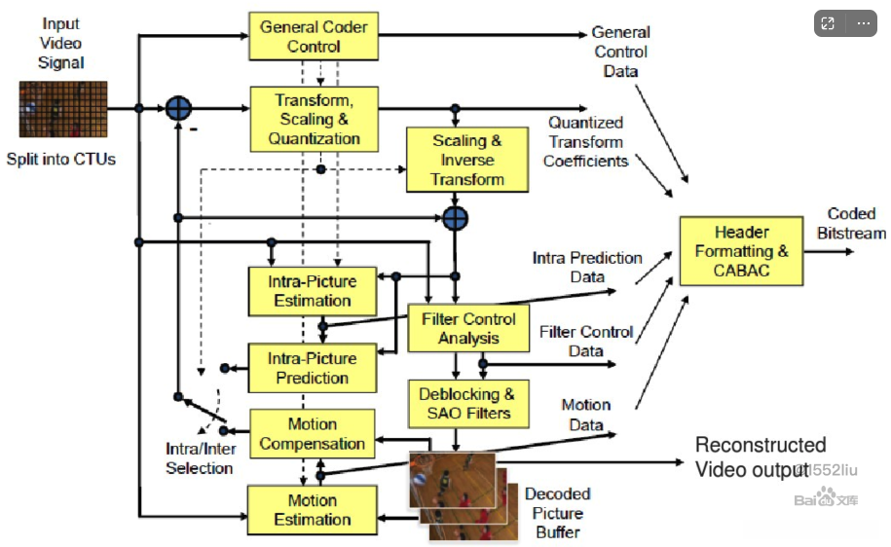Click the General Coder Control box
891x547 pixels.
[x=314, y=36]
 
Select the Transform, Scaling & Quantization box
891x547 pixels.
[x=315, y=120]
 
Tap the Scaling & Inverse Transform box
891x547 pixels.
[x=467, y=160]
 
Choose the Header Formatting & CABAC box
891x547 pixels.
[x=742, y=250]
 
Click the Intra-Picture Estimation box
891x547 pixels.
[x=313, y=291]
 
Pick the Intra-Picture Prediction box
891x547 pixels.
[x=313, y=368]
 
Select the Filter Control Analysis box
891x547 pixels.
[x=468, y=328]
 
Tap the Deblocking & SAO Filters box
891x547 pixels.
[x=468, y=404]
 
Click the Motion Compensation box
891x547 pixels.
[x=313, y=433]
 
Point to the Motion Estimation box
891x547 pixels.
[x=313, y=510]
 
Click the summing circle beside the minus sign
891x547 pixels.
[x=178, y=108]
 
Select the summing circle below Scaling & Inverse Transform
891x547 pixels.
[x=455, y=218]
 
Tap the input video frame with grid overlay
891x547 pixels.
[x=63, y=109]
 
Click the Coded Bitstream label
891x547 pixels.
[x=851, y=223]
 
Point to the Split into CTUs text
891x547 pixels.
[x=60, y=159]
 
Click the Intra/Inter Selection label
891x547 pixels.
[x=200, y=458]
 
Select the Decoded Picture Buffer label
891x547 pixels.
[x=557, y=513]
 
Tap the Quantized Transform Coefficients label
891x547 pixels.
[x=586, y=142]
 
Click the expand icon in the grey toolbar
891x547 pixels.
[x=828, y=23]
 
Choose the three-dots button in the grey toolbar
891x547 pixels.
[x=864, y=23]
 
